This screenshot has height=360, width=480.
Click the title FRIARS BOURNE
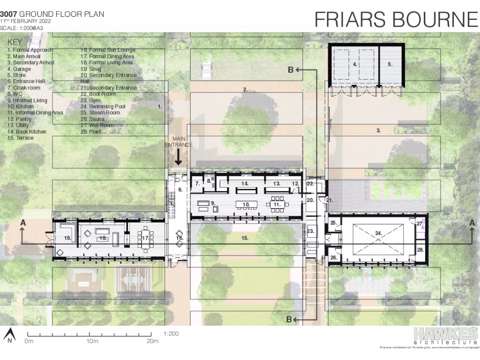point(396,19)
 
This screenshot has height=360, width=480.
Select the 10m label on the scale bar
point(92,341)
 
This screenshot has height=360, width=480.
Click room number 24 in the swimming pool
point(379,232)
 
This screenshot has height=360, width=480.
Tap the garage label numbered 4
point(355,64)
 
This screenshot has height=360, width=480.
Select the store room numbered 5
point(390,64)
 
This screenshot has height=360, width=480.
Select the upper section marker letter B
point(291,70)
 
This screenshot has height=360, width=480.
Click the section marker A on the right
point(472,224)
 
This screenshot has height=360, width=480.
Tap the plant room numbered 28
point(420,250)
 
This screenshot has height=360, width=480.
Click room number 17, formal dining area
point(139,238)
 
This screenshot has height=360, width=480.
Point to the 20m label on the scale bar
point(152,341)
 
